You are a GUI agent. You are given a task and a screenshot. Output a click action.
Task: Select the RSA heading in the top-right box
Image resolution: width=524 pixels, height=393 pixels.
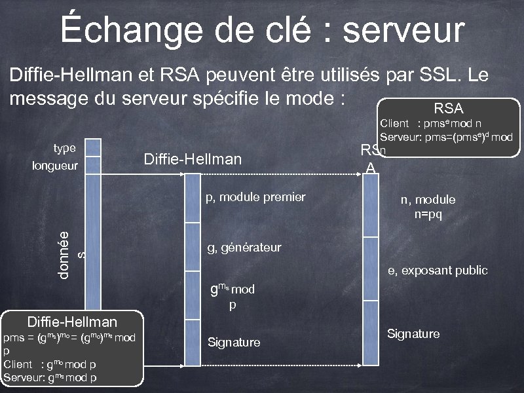point(448,109)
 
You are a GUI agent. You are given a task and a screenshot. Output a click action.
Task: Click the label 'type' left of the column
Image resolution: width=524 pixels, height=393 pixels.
point(64,149)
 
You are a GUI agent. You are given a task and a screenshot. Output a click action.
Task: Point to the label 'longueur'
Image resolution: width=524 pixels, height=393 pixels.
point(56,166)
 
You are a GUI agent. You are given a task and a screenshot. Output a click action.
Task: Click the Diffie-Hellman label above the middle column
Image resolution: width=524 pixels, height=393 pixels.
point(192,159)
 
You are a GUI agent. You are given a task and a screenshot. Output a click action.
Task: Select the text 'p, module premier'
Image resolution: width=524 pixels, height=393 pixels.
point(255,196)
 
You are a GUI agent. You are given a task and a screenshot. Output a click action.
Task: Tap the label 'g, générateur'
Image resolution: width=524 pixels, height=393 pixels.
point(244,248)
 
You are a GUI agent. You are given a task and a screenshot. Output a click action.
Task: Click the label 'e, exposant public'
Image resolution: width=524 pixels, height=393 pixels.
point(438,271)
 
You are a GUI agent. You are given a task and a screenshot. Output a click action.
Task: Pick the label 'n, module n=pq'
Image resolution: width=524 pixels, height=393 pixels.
point(428,207)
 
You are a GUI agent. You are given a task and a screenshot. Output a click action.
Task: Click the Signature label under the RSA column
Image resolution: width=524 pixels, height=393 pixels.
point(413,334)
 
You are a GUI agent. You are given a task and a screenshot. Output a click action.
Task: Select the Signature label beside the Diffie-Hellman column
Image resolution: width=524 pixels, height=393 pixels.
point(234,343)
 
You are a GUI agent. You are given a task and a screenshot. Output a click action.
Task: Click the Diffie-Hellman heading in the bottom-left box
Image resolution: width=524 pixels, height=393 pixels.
point(71,322)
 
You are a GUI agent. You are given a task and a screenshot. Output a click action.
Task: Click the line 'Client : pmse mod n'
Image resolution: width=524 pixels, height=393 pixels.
point(432,123)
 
